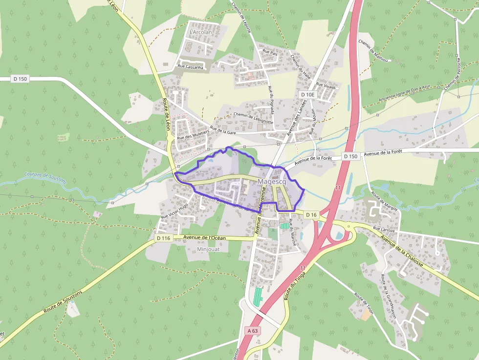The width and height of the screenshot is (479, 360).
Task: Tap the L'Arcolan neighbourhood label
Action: (x=200, y=32)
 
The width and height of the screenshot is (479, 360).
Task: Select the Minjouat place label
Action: (x=209, y=249)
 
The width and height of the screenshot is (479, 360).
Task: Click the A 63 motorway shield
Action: (x=252, y=331)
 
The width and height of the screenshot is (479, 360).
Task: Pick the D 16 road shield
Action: (x=311, y=215)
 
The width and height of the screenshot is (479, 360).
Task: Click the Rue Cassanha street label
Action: (x=190, y=67)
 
